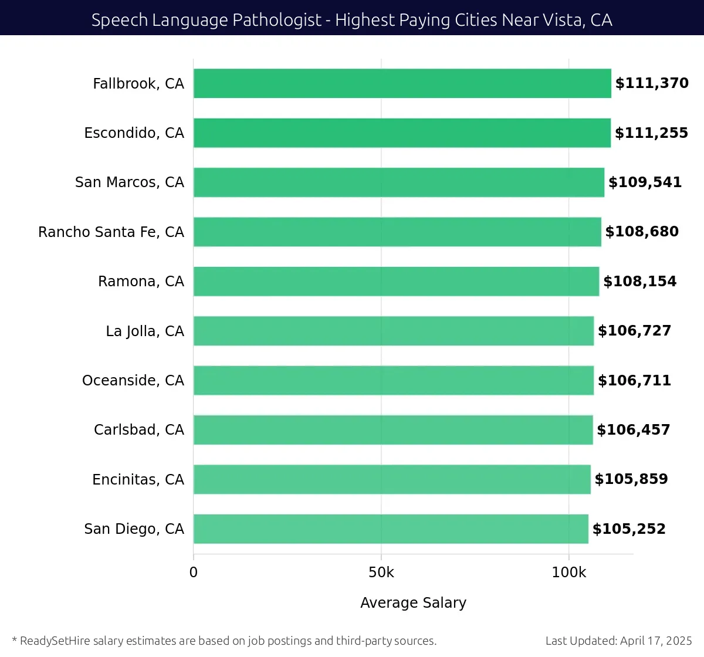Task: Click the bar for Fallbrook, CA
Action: (402, 83)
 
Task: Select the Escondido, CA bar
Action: (402, 133)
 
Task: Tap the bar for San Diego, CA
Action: (391, 529)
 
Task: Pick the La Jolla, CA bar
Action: (393, 331)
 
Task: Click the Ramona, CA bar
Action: (396, 282)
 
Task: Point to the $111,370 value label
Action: (652, 83)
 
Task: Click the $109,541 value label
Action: (645, 182)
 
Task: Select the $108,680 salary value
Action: (642, 232)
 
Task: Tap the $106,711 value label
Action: (634, 380)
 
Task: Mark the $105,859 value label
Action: (631, 479)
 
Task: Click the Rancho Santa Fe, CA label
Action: (111, 232)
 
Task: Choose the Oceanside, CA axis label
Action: (133, 381)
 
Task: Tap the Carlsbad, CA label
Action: (139, 430)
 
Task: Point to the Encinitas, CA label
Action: (138, 480)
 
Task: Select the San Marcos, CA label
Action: (130, 182)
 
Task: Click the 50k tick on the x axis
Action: (381, 573)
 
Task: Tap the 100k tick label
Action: (568, 573)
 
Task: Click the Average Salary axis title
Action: (413, 603)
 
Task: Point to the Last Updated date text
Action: (618, 641)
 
